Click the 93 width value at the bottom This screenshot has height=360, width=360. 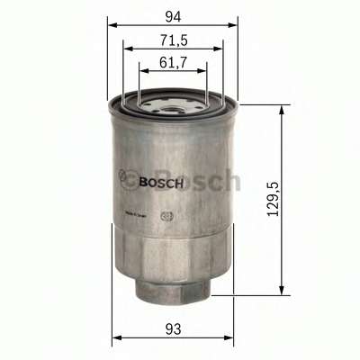tap(173, 330)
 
